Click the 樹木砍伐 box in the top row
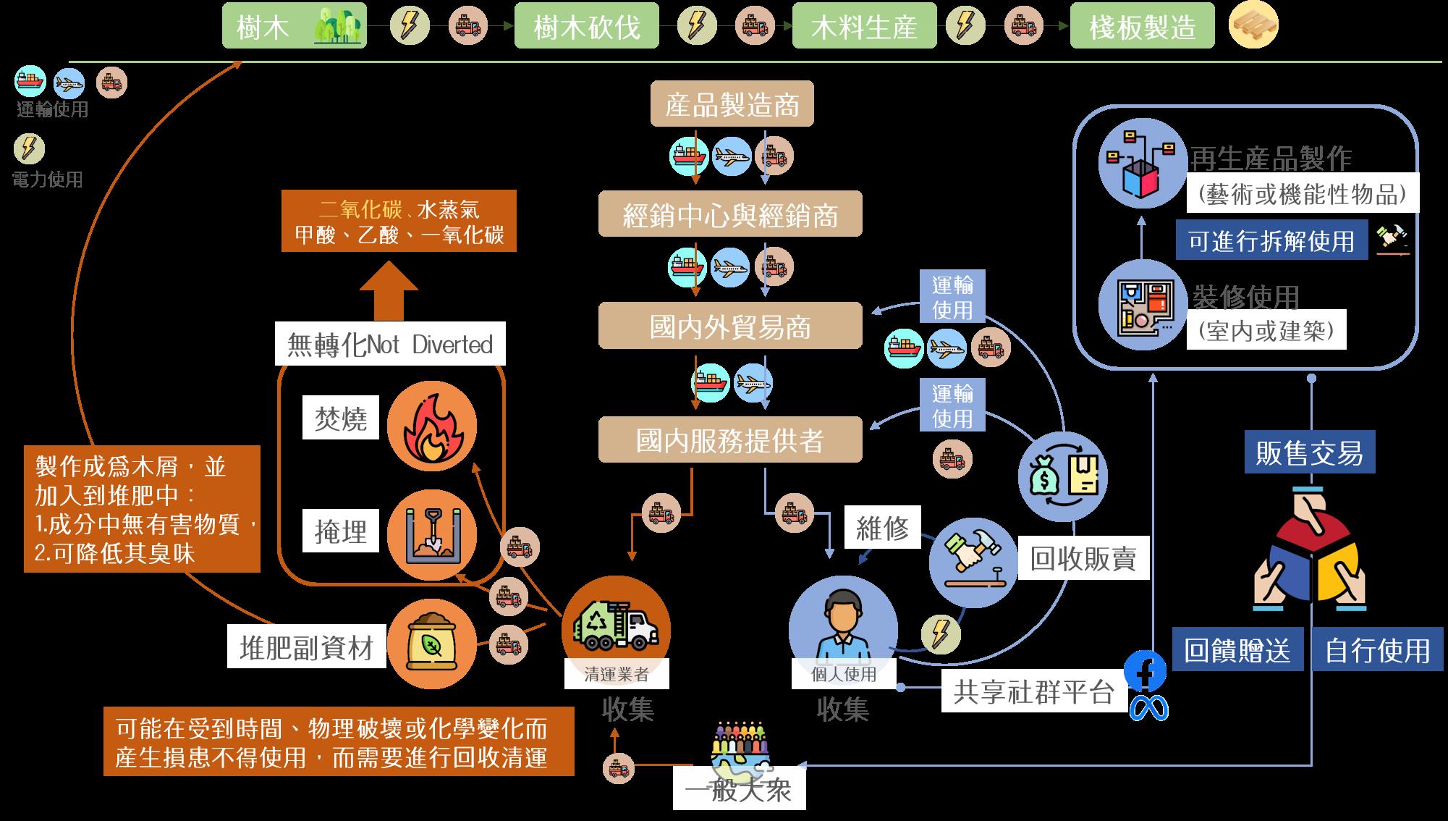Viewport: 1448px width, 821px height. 586,26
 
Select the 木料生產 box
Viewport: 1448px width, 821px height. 864,26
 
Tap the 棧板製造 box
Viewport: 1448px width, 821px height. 1142,26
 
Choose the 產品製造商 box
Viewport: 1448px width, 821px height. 732,104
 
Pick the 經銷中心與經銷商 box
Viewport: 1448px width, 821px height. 730,214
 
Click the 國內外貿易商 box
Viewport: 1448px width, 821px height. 730,326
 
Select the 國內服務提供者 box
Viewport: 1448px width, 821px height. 730,439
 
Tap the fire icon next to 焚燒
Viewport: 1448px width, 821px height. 431,427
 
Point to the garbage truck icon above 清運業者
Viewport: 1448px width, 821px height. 616,627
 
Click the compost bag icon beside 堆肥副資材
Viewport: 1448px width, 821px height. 431,643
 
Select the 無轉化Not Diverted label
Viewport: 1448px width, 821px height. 390,345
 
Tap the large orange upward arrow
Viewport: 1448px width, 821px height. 389,290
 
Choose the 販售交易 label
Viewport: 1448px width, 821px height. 1309,452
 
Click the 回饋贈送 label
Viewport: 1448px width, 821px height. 1237,650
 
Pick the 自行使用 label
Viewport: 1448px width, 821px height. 1377,650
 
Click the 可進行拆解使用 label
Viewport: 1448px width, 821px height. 1271,240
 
